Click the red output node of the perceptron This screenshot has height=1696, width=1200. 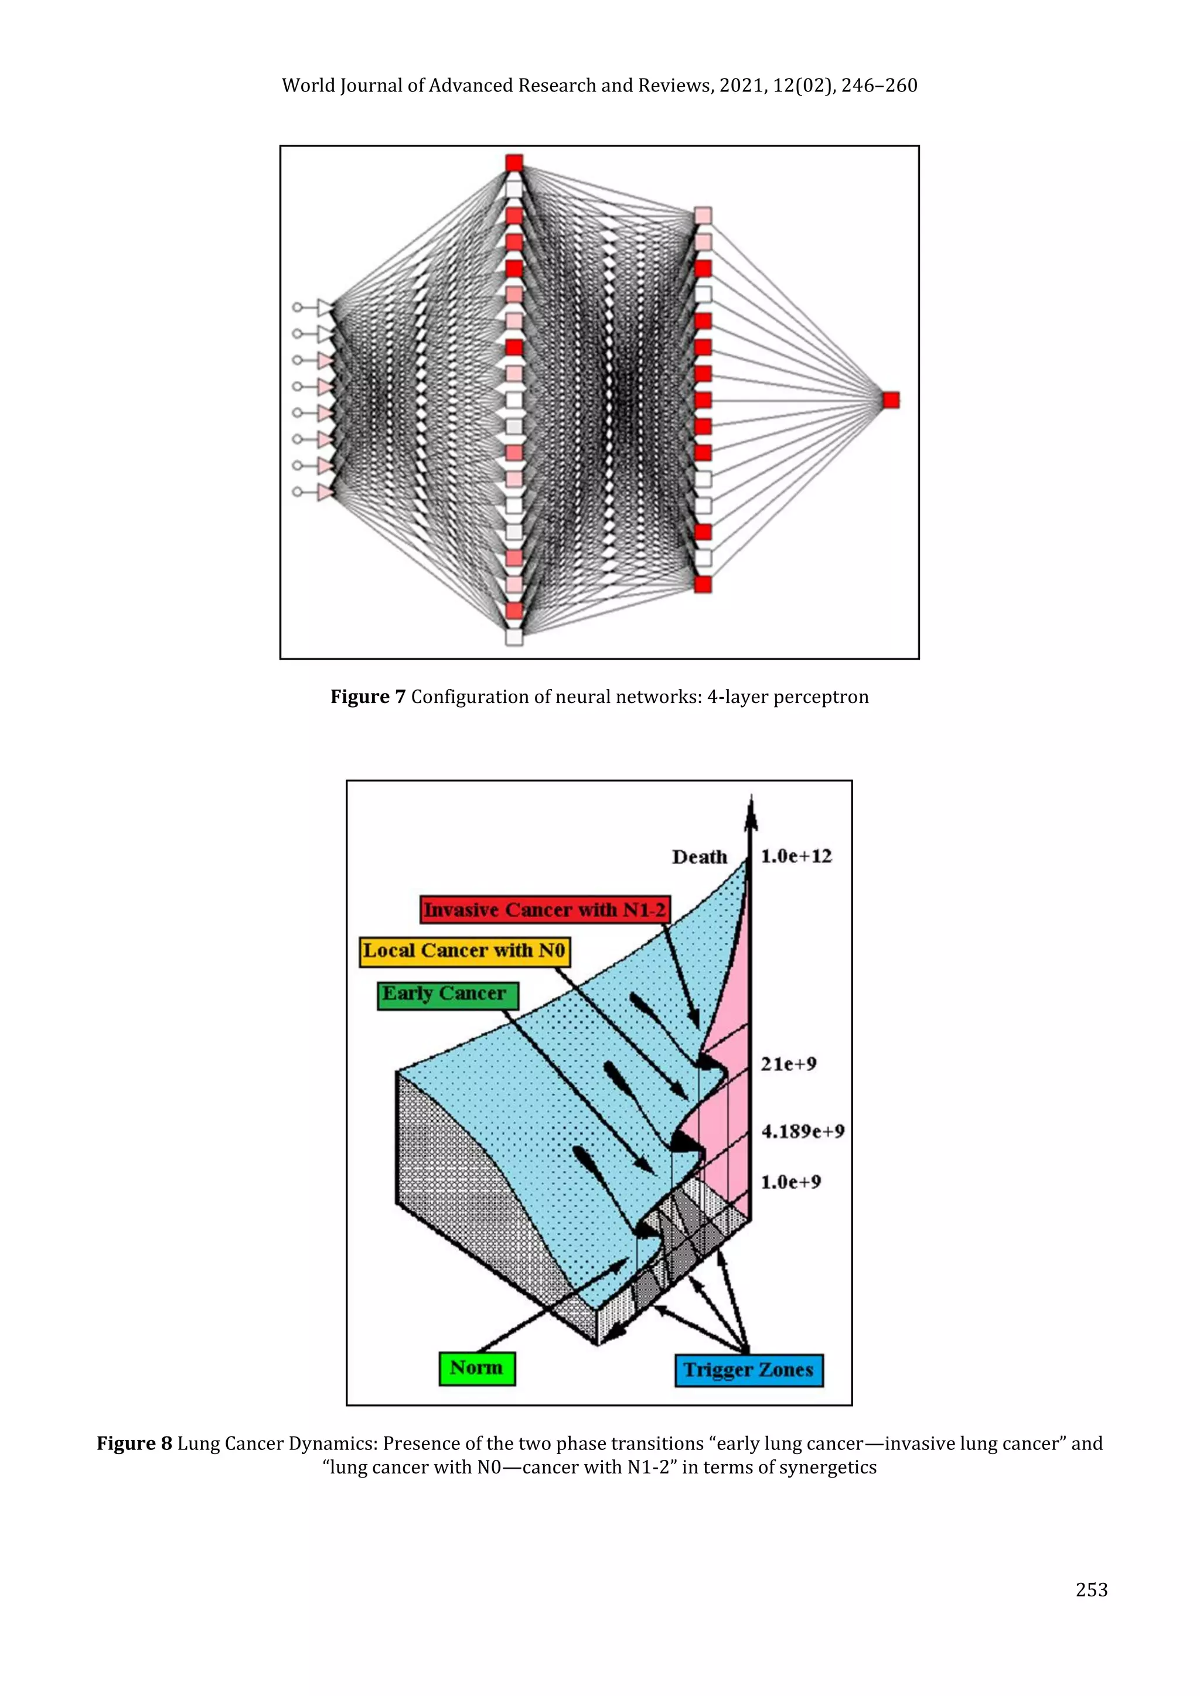pyautogui.click(x=891, y=400)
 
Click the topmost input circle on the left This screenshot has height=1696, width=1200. pyautogui.click(x=297, y=306)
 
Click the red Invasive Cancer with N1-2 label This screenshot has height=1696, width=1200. pyautogui.click(x=544, y=909)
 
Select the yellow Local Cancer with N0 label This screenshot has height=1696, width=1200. pyautogui.click(x=465, y=951)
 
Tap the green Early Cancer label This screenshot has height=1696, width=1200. pyautogui.click(x=447, y=994)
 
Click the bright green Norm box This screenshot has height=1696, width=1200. pyautogui.click(x=476, y=1369)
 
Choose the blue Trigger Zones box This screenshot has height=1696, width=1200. pyautogui.click(x=748, y=1370)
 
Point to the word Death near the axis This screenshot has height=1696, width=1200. pyautogui.click(x=699, y=857)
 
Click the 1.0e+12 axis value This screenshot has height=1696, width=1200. pyautogui.click(x=796, y=856)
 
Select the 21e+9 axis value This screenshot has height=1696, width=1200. pyautogui.click(x=789, y=1064)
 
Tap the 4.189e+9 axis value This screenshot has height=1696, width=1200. pyautogui.click(x=803, y=1131)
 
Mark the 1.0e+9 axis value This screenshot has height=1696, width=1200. pyautogui.click(x=790, y=1182)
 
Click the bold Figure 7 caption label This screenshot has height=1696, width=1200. pyautogui.click(x=367, y=697)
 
